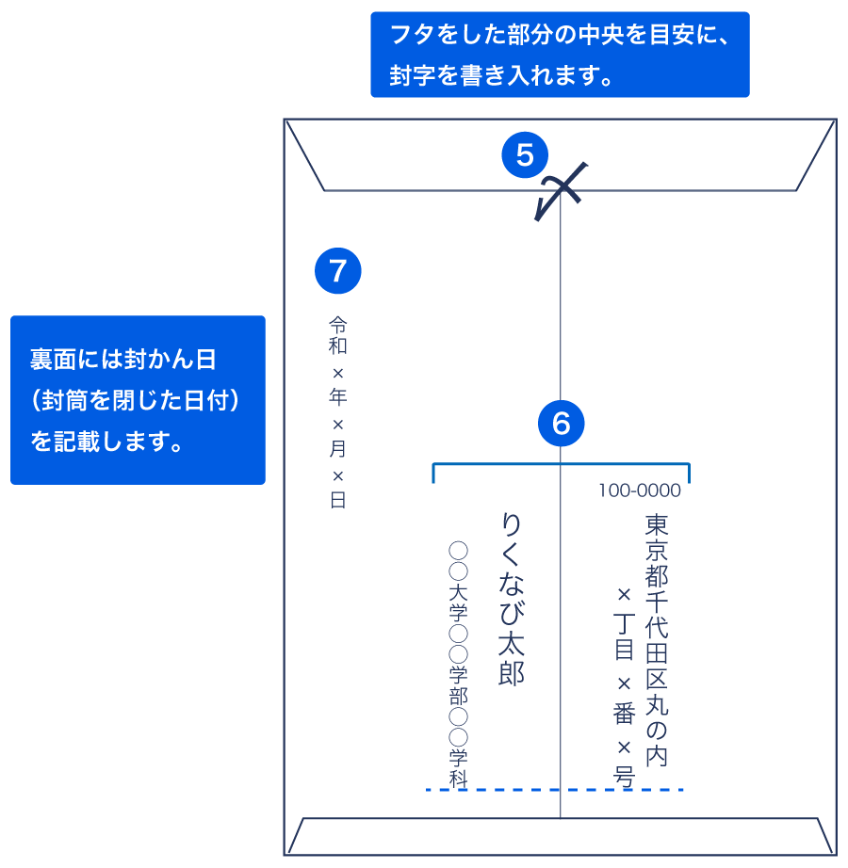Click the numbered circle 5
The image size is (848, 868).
(x=525, y=154)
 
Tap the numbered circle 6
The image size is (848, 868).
(x=562, y=423)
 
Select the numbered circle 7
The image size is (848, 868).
(x=338, y=271)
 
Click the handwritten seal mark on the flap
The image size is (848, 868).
(x=560, y=191)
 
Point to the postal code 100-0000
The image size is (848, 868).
(x=639, y=490)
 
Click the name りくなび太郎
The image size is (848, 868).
(x=511, y=599)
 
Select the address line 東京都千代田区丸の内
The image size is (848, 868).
(x=657, y=639)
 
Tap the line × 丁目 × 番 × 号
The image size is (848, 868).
(x=624, y=686)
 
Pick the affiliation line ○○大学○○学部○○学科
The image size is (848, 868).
(x=458, y=664)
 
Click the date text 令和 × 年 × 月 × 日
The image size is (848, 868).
(x=338, y=411)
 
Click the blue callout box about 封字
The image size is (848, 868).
(x=560, y=55)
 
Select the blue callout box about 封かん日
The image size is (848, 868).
(x=138, y=400)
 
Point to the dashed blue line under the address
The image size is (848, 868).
(x=554, y=789)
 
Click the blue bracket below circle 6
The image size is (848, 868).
(x=562, y=465)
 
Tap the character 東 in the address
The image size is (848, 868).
(x=657, y=524)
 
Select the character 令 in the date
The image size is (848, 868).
(x=338, y=324)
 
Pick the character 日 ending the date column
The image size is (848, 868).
(x=338, y=500)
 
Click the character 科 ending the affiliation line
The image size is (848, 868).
(x=458, y=778)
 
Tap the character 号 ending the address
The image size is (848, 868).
(x=624, y=777)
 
